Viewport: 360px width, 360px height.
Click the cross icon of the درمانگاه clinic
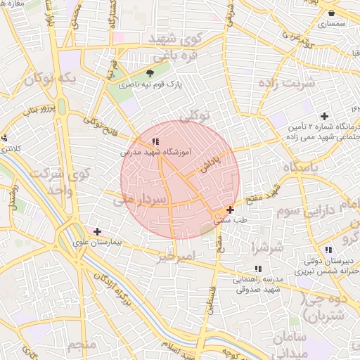[324, 116]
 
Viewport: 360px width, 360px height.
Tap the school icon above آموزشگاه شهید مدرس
[155, 143]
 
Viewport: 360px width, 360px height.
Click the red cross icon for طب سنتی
[231, 210]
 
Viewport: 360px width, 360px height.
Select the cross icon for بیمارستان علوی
[97, 231]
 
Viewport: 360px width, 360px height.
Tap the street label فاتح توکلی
[99, 124]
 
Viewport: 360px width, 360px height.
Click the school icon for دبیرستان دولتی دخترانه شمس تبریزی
[328, 250]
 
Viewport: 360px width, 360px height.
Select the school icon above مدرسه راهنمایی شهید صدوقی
[258, 269]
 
